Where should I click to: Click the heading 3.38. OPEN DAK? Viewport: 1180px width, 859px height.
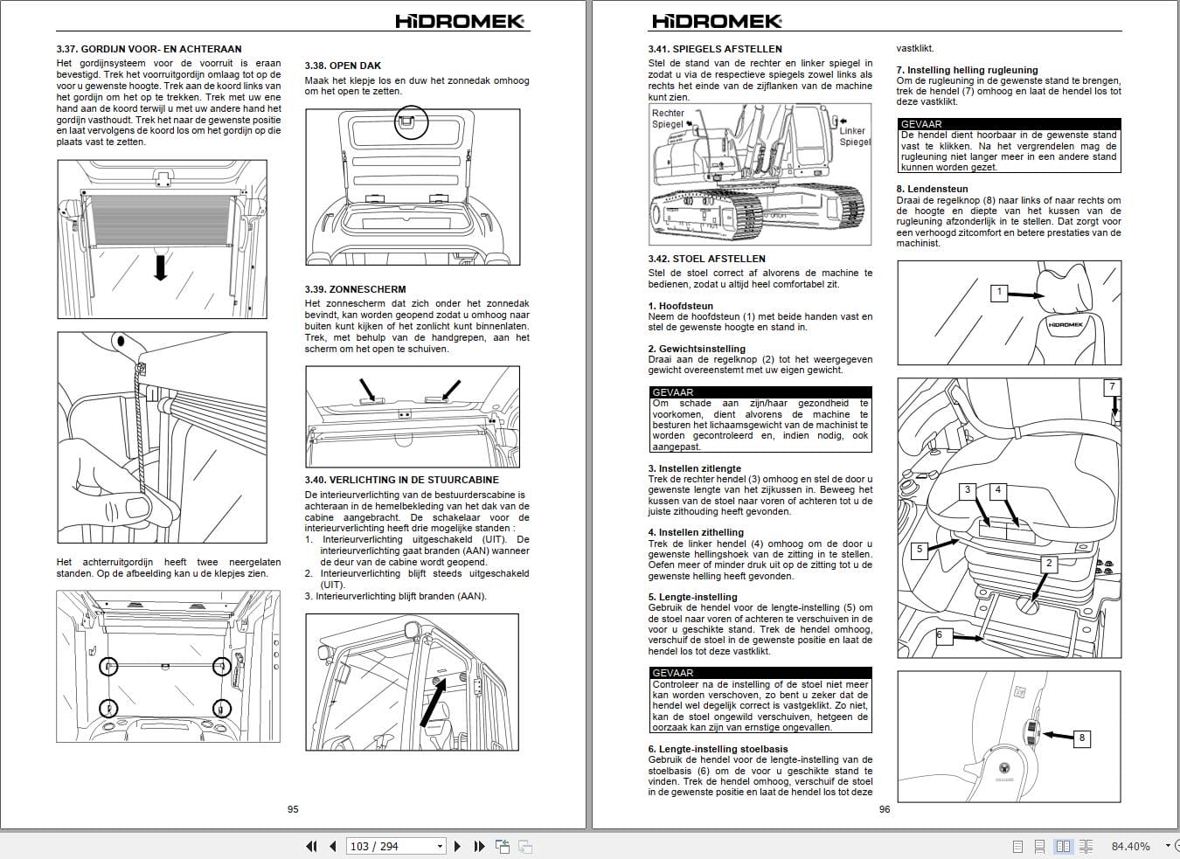(x=343, y=66)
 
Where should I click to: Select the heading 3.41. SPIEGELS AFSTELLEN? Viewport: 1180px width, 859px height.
(x=715, y=49)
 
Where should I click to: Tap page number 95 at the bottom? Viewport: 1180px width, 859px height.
(x=293, y=809)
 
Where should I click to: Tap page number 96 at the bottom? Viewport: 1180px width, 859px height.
(x=885, y=809)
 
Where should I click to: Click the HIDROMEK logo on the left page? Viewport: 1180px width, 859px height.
(x=460, y=20)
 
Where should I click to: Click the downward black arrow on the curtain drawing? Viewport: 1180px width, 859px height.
(x=160, y=267)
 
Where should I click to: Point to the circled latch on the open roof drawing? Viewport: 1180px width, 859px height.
(x=410, y=121)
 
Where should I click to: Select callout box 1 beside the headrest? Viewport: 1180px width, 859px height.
(x=999, y=293)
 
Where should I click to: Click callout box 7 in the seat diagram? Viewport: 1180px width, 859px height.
(x=1112, y=387)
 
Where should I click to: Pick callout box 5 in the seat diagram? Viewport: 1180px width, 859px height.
(x=919, y=550)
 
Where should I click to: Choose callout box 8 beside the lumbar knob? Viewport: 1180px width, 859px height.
(x=1081, y=738)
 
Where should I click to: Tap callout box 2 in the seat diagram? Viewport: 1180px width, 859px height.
(x=1049, y=564)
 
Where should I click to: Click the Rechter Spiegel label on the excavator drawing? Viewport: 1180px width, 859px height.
(x=669, y=118)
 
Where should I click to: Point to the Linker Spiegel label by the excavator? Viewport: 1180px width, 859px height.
(x=853, y=136)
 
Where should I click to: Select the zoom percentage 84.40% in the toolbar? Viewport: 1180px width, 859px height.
(x=1130, y=846)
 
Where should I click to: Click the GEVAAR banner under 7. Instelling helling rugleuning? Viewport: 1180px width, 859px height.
(x=1009, y=124)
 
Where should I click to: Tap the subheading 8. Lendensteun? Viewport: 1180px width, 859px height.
(x=932, y=189)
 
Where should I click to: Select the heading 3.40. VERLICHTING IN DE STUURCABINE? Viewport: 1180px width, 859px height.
(x=401, y=480)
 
